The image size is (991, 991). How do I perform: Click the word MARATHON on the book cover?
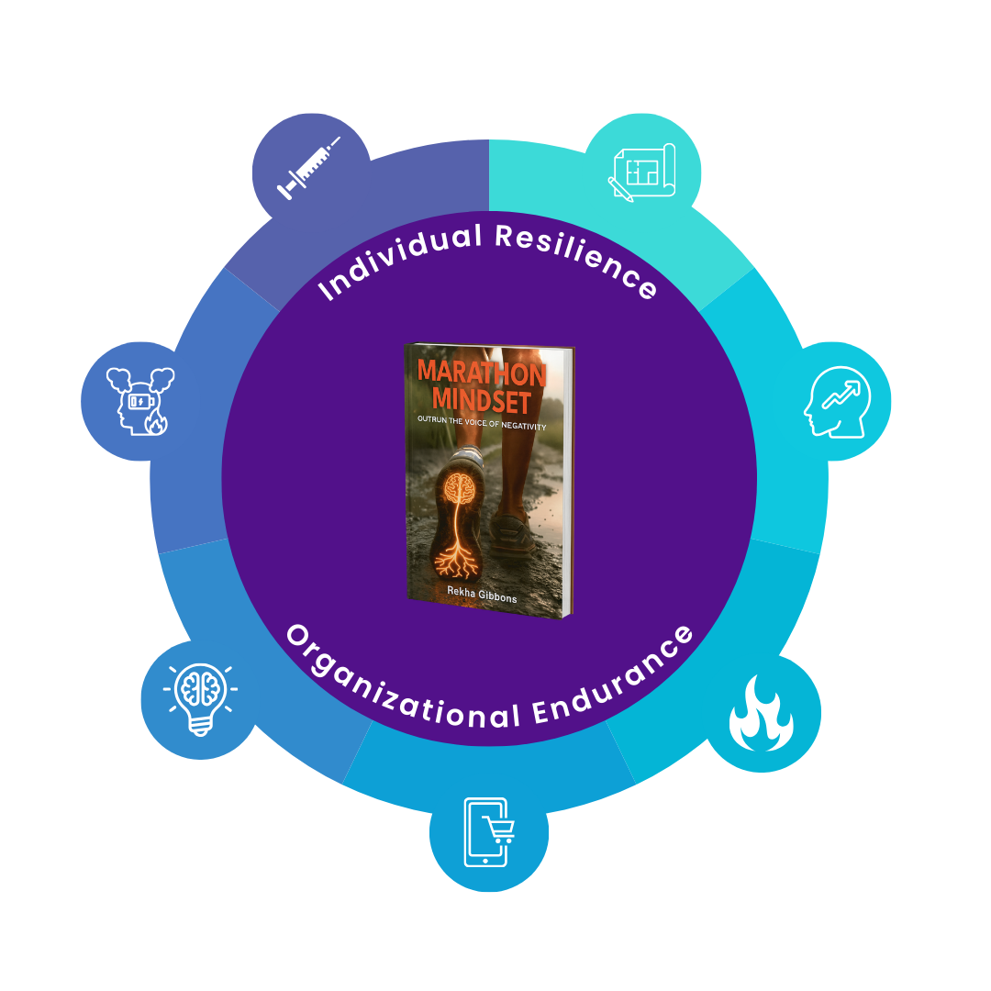(482, 373)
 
